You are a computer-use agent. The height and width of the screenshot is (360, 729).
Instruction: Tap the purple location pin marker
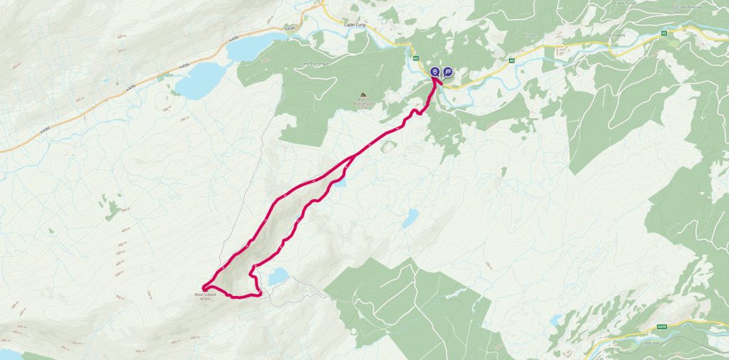[x=435, y=72]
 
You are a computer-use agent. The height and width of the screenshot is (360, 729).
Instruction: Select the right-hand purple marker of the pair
[x=448, y=72]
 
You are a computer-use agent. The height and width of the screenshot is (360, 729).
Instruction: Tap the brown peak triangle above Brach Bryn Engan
[x=363, y=95]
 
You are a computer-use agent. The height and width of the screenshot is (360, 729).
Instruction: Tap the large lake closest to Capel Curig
[x=246, y=47]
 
